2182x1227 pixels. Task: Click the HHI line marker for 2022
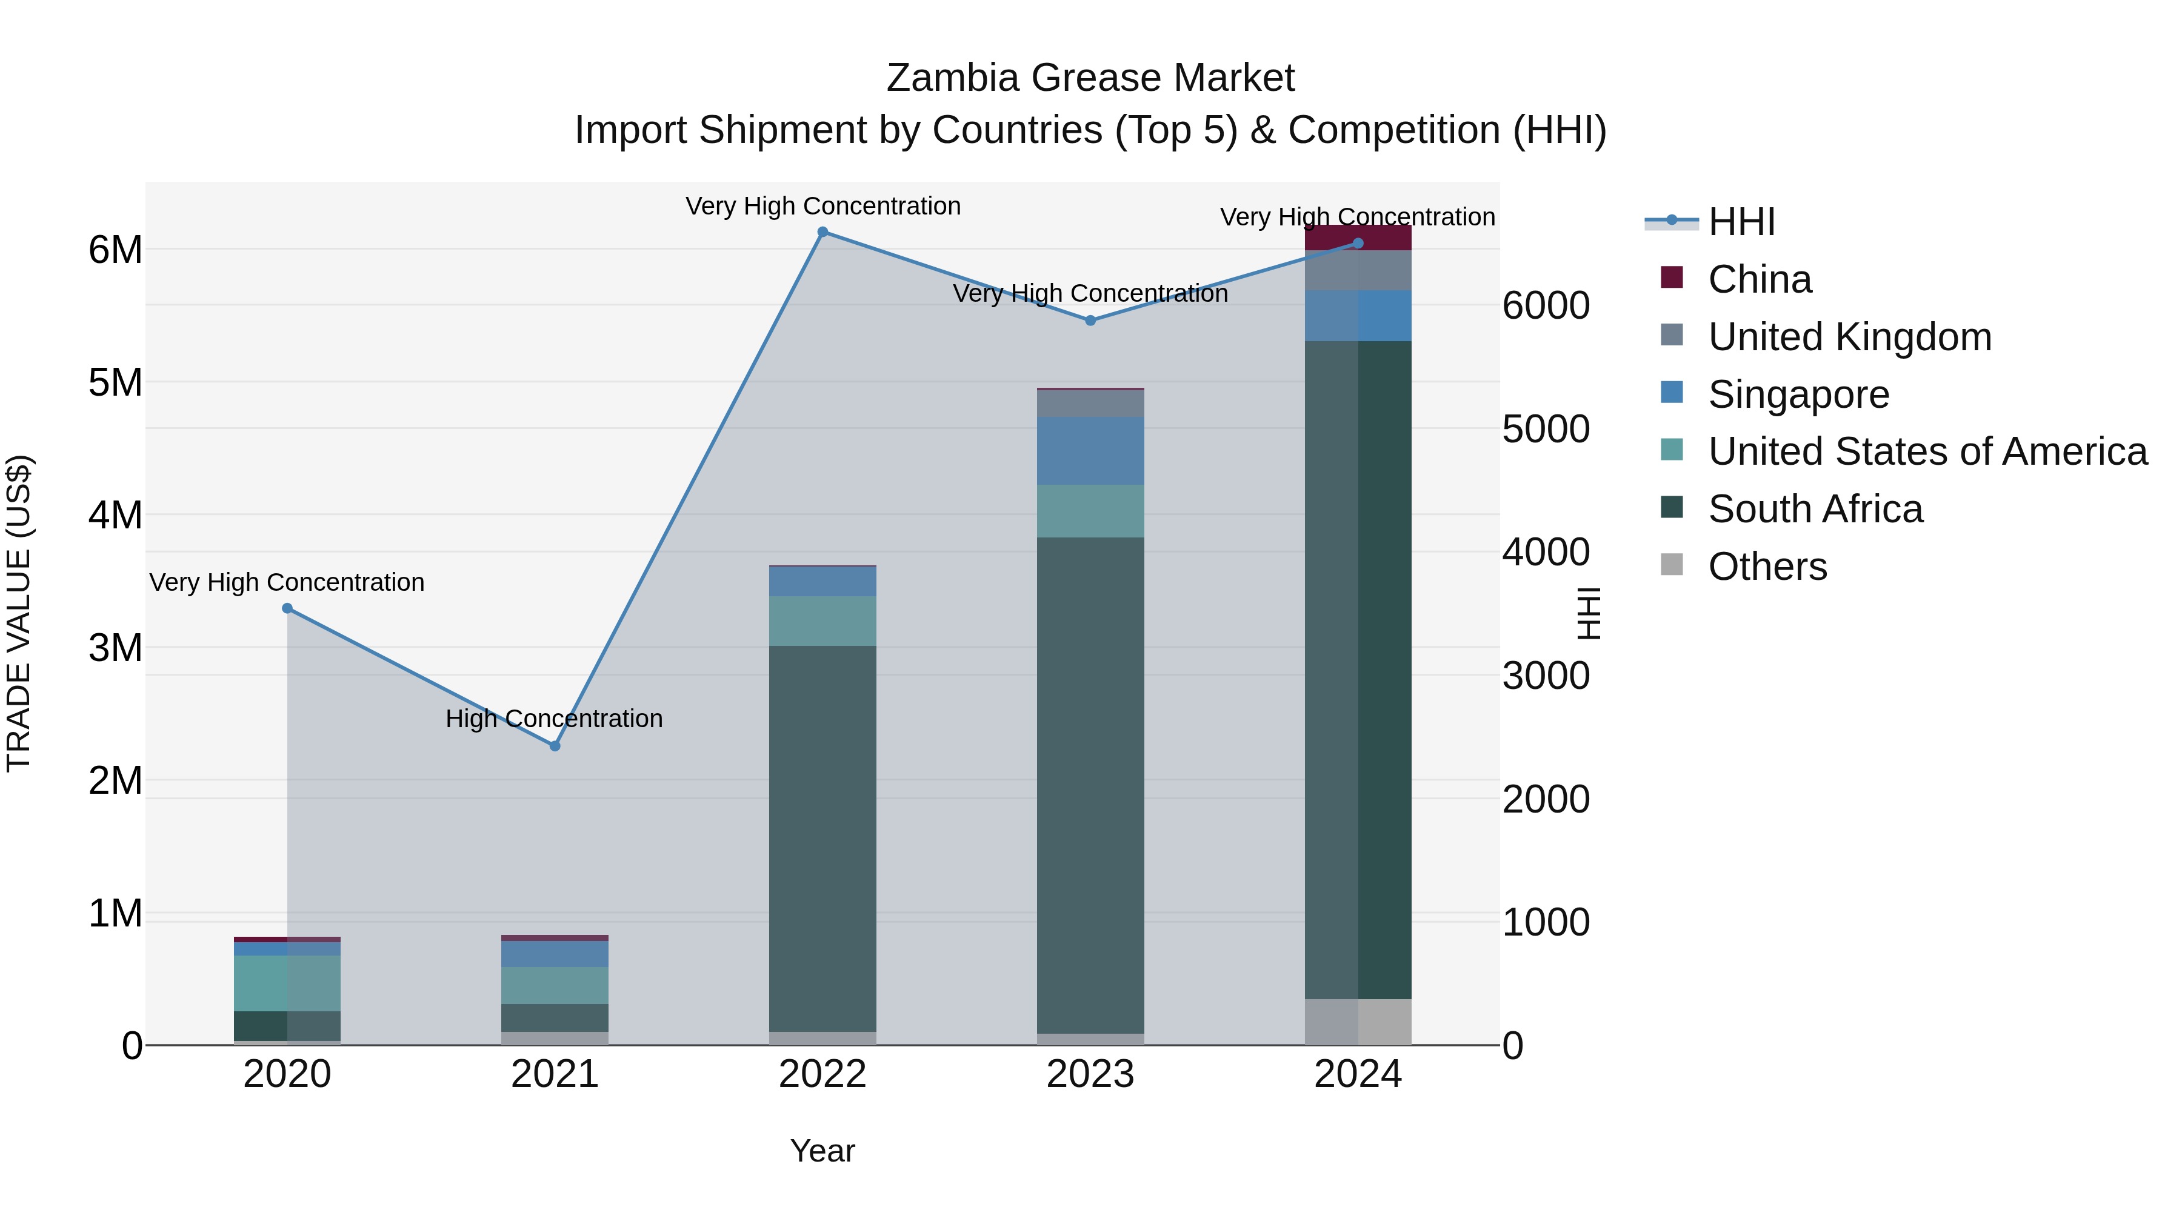822,232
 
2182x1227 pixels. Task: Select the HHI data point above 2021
555,746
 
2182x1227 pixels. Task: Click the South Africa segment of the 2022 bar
822,839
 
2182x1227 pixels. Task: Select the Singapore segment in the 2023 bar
1090,450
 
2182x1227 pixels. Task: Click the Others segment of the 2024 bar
1357,1022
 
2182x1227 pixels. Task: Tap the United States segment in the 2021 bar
555,986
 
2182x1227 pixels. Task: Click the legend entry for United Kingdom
1849,337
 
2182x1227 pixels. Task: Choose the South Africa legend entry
1814,509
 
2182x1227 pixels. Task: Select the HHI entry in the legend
1741,222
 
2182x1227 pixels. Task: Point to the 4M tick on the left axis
115,516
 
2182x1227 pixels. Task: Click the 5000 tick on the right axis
1546,430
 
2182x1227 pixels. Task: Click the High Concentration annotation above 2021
554,719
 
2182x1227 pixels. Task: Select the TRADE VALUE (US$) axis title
19,613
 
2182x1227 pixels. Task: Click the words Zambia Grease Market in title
1090,79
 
